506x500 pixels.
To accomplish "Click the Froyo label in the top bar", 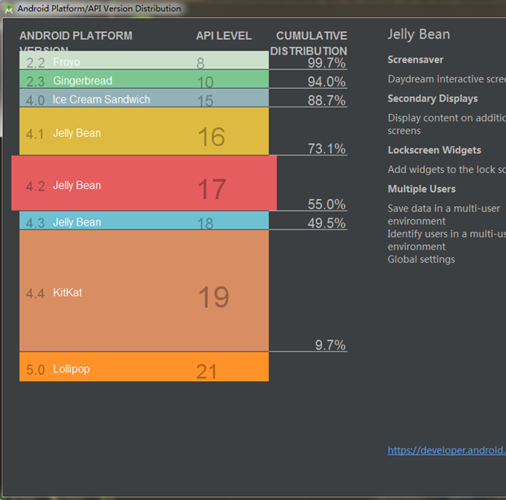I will [x=66, y=62].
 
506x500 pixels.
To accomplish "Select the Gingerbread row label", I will [x=83, y=81].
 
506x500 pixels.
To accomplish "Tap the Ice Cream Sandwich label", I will [x=101, y=100].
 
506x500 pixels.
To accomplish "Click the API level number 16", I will [x=211, y=137].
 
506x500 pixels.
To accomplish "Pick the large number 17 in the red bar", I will [x=211, y=188].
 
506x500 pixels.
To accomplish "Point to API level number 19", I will [x=213, y=297].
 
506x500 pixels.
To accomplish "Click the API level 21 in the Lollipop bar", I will [x=206, y=371].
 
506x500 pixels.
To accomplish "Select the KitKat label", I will [x=67, y=293].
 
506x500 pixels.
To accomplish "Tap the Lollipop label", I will [x=71, y=369].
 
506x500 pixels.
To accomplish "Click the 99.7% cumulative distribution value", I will [x=326, y=63].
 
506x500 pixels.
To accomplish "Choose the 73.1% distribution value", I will [x=326, y=149].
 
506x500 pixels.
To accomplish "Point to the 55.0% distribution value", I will [x=326, y=205].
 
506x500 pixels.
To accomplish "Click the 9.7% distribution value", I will [x=330, y=345].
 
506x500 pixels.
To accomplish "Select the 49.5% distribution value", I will [x=326, y=223].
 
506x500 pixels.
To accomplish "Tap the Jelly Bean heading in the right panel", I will [x=418, y=34].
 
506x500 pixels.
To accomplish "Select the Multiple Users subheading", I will [x=421, y=189].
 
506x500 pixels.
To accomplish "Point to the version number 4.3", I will [x=35, y=223].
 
